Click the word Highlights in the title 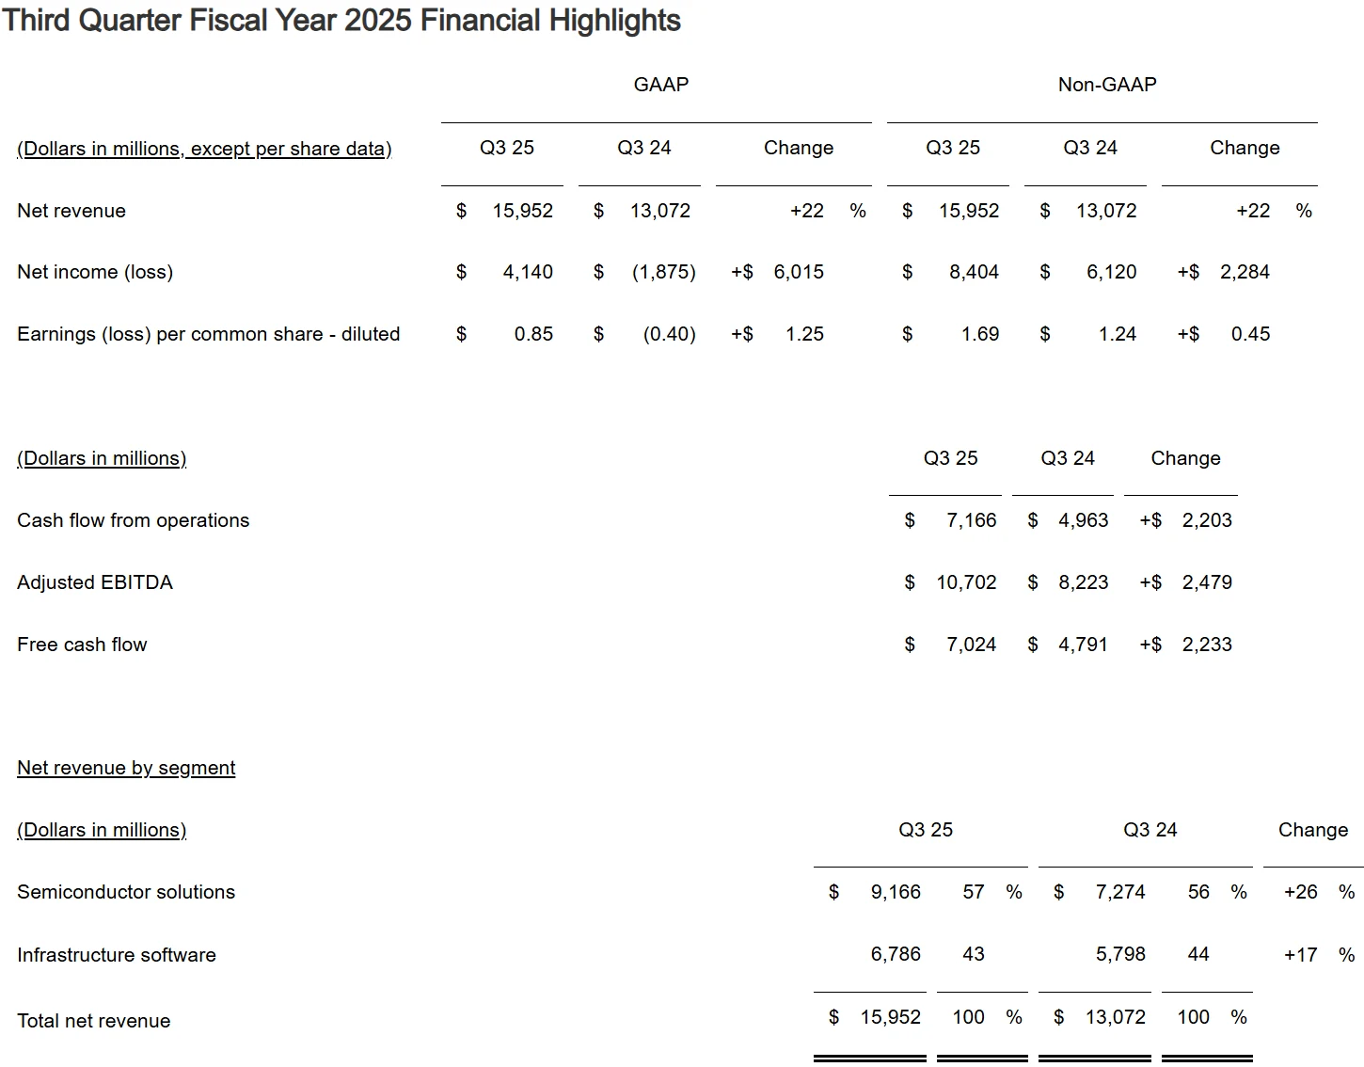pyautogui.click(x=614, y=21)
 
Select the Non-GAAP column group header pyautogui.click(x=1107, y=84)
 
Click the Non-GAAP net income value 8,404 pyautogui.click(x=974, y=272)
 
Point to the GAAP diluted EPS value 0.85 pyautogui.click(x=533, y=334)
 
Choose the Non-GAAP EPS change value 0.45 pyautogui.click(x=1250, y=334)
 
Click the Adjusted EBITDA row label pyautogui.click(x=95, y=582)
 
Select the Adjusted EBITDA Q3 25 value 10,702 pyautogui.click(x=966, y=582)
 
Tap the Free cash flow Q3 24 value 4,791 pyautogui.click(x=1083, y=645)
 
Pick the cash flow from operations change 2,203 pyautogui.click(x=1207, y=520)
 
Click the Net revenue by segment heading pyautogui.click(x=126, y=768)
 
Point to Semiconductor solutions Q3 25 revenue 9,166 pyautogui.click(x=896, y=892)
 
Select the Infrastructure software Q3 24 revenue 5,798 pyautogui.click(x=1120, y=954)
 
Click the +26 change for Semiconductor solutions pyautogui.click(x=1301, y=892)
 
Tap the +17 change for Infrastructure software pyautogui.click(x=1301, y=955)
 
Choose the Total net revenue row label pyautogui.click(x=93, y=1021)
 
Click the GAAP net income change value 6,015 pyautogui.click(x=799, y=272)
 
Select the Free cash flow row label pyautogui.click(x=82, y=645)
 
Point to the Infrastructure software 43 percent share pyautogui.click(x=973, y=954)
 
